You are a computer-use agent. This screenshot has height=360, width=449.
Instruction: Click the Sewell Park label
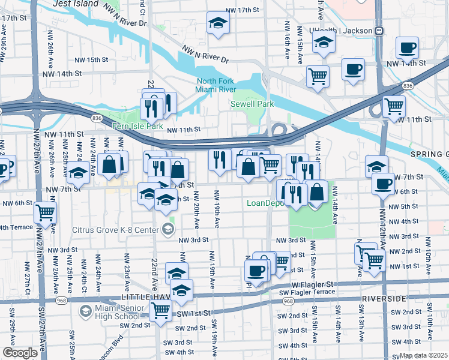coord(252,104)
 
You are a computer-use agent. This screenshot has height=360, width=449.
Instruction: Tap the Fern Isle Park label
coord(138,127)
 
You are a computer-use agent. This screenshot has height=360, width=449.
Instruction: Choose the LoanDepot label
coord(267,203)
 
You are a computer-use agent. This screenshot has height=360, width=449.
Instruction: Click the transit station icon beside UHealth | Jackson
coord(379,31)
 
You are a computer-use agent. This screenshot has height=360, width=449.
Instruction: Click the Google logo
coord(20,353)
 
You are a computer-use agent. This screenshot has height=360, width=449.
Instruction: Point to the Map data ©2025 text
coord(423,355)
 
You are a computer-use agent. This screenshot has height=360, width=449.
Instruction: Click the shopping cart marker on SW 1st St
coord(160,311)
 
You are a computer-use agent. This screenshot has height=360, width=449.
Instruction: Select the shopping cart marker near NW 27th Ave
coord(46,212)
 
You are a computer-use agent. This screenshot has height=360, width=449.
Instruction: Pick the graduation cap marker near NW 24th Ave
coord(77,173)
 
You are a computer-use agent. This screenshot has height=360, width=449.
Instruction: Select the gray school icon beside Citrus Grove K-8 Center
coord(168,229)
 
